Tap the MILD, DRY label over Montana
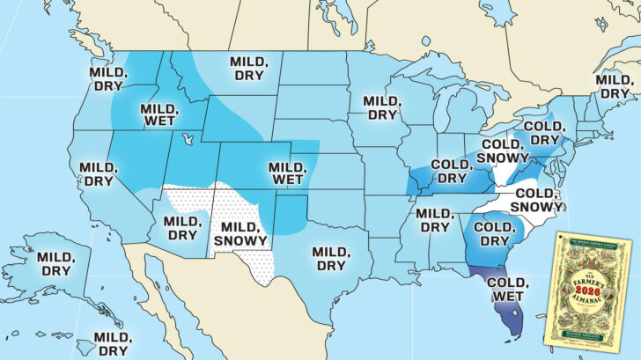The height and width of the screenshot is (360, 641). [249, 69]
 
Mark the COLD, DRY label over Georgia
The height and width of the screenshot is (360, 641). [494, 233]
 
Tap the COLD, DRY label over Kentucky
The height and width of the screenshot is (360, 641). [449, 173]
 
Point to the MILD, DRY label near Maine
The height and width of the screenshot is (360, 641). [615, 86]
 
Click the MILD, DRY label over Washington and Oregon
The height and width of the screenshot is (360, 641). [106, 77]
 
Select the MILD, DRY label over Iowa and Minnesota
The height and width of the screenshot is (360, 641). [383, 108]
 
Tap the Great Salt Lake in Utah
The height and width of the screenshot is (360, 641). [186, 139]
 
